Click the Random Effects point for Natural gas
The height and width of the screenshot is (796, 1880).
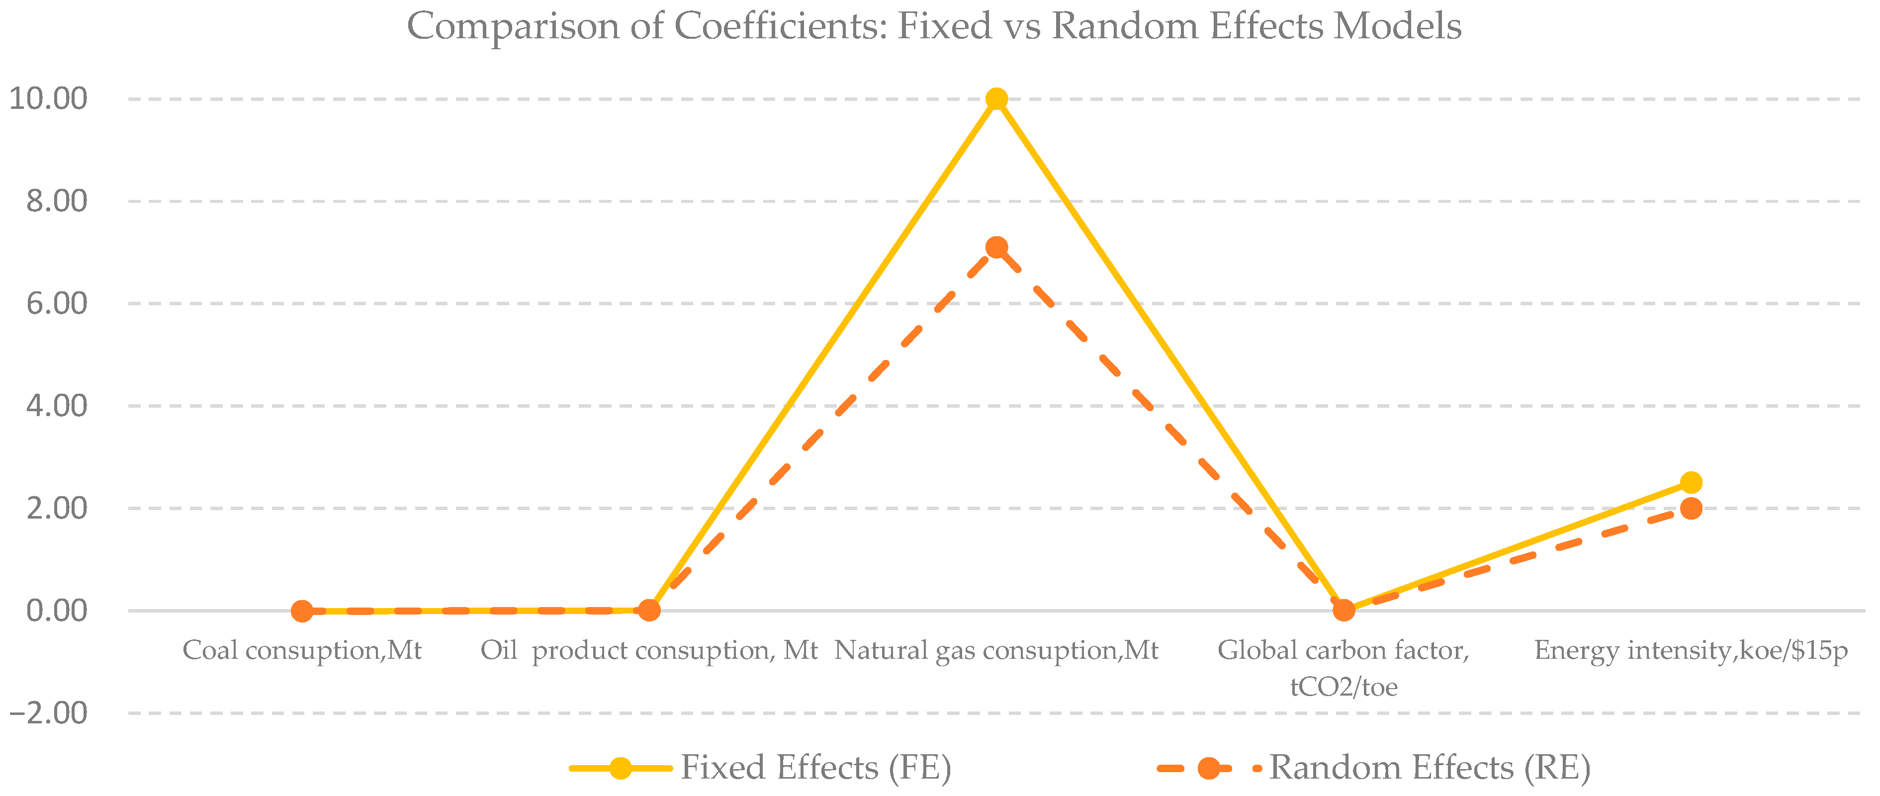pos(996,247)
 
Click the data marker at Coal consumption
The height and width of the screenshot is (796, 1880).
pos(302,611)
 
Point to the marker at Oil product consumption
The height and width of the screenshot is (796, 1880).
pos(649,610)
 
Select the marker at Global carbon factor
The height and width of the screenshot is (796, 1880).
pos(1343,610)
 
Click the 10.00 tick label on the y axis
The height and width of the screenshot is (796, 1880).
pos(48,98)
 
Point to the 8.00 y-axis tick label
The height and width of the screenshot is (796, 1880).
pos(57,201)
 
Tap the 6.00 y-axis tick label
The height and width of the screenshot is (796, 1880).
pos(57,303)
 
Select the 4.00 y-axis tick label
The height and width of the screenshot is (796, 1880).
pos(57,406)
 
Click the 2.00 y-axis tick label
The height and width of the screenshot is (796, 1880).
pos(57,509)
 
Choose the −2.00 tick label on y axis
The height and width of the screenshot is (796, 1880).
pos(48,713)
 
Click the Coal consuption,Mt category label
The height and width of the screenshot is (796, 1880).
pos(302,650)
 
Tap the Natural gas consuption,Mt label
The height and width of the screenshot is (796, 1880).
pos(996,650)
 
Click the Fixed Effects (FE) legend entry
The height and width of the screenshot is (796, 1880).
pos(815,768)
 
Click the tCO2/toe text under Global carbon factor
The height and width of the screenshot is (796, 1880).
pos(1343,687)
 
